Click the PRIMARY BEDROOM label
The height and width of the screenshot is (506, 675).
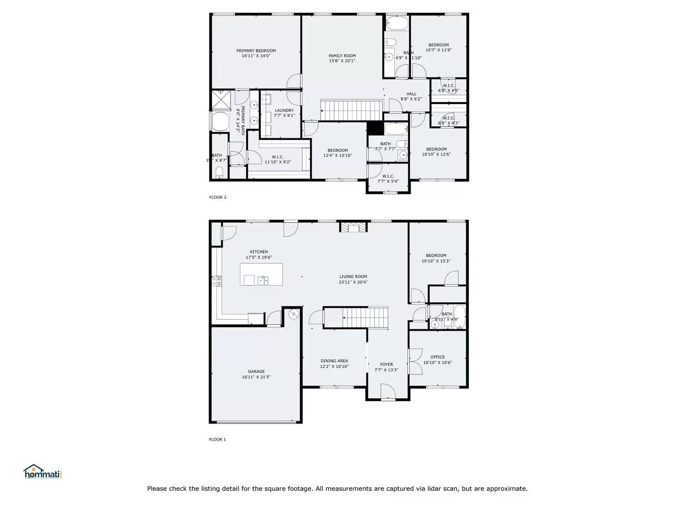pyautogui.click(x=256, y=51)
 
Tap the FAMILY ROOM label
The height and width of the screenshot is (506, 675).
pyautogui.click(x=342, y=56)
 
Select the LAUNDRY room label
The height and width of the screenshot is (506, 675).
pyautogui.click(x=284, y=111)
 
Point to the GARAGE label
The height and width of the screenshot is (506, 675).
pyautogui.click(x=256, y=372)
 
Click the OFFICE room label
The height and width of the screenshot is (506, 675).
pyautogui.click(x=437, y=357)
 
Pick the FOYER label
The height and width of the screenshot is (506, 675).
pyautogui.click(x=386, y=365)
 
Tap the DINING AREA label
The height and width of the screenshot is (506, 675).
pyautogui.click(x=334, y=361)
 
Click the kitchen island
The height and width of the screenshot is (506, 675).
pyautogui.click(x=262, y=274)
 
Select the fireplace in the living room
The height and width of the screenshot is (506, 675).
pyautogui.click(x=353, y=228)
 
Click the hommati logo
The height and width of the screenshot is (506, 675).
pyautogui.click(x=43, y=472)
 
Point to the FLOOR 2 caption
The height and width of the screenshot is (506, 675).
pyautogui.click(x=217, y=197)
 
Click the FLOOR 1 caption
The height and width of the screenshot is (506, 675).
pyautogui.click(x=217, y=439)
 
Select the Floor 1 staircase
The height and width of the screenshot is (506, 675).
pyautogui.click(x=364, y=318)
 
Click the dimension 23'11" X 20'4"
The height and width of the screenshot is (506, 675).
pyautogui.click(x=353, y=282)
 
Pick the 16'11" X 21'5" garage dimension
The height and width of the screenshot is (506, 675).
pyautogui.click(x=256, y=377)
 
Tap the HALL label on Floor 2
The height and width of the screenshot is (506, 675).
pyautogui.click(x=411, y=94)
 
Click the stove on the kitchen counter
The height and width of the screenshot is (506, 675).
pyautogui.click(x=217, y=281)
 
